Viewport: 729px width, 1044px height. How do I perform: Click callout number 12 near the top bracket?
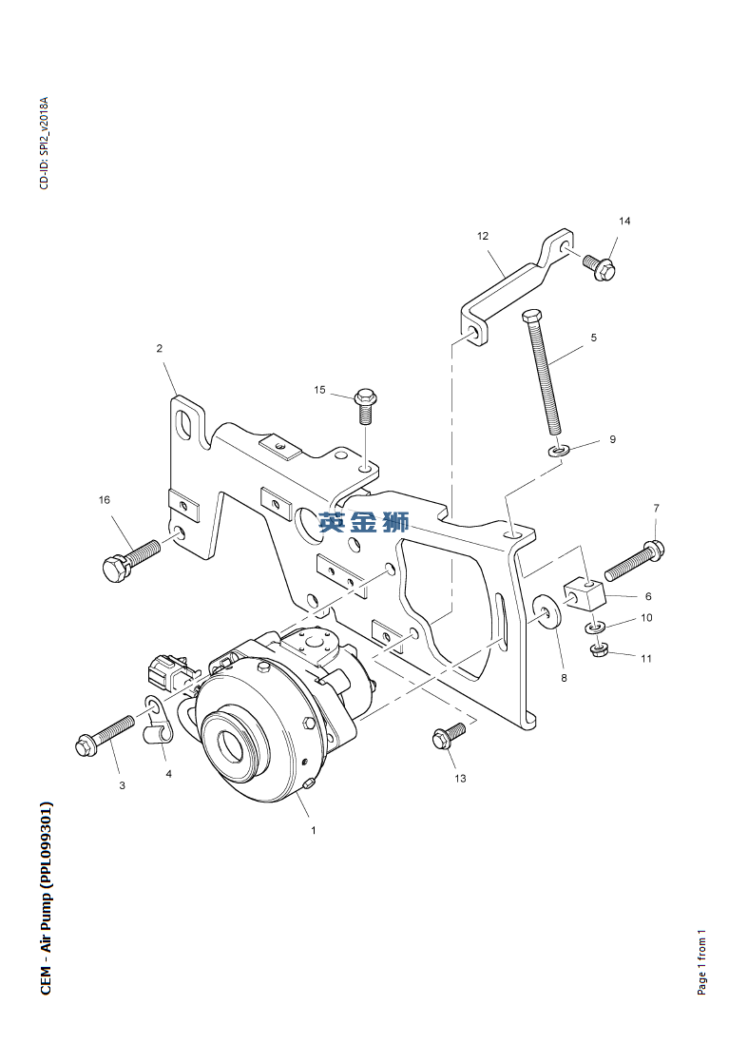coord(482,235)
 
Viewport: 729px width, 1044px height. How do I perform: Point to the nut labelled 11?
coord(600,650)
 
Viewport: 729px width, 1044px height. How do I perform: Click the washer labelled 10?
coord(594,628)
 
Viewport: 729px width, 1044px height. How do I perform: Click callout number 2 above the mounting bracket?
coord(160,348)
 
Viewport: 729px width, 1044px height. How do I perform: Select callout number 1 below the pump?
coord(313,830)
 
